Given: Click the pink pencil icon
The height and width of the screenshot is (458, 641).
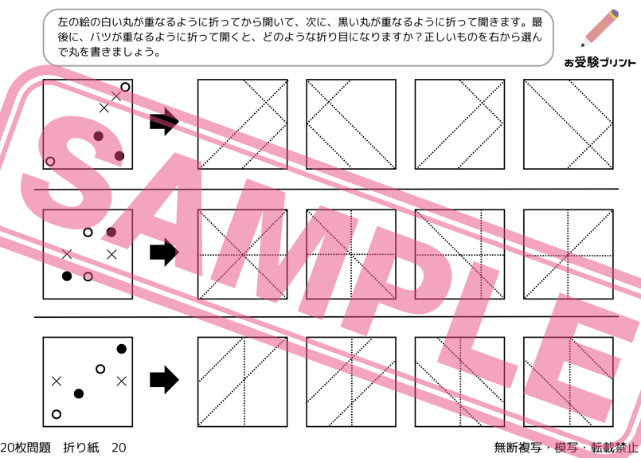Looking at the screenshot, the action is (x=600, y=28).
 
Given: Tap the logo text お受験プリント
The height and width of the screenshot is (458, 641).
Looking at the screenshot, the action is (x=600, y=63).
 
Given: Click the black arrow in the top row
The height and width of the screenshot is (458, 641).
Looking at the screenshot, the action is (x=164, y=121).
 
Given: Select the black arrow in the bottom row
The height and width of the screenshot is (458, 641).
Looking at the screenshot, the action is (x=164, y=379).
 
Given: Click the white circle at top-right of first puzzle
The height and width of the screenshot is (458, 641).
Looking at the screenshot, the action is (x=125, y=87).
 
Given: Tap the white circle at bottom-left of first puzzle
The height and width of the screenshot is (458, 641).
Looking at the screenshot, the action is (x=50, y=161).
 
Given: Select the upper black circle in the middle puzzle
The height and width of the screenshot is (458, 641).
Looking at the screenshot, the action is (x=111, y=233).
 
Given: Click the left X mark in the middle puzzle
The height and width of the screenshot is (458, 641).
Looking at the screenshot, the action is (x=67, y=254).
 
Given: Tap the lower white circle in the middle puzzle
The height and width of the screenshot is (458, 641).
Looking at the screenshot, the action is (x=88, y=276).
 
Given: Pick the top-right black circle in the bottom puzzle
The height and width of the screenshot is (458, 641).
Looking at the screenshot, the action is (x=121, y=349).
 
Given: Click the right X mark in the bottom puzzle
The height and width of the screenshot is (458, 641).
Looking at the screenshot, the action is (x=121, y=382).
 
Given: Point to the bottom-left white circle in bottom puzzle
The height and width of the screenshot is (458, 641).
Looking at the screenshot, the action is (x=57, y=414).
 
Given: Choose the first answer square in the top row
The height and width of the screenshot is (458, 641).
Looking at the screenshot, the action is (x=242, y=124).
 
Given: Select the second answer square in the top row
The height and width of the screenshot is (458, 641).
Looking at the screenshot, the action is (x=351, y=124).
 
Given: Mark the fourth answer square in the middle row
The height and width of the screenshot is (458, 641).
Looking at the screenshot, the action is (x=569, y=254).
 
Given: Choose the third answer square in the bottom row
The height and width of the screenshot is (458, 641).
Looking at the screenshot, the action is (x=460, y=382).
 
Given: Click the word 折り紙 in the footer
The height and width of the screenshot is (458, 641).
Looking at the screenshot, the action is (x=81, y=448).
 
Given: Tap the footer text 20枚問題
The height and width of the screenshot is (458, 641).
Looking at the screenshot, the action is (x=25, y=448).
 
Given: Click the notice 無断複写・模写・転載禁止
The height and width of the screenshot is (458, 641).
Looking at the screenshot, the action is (x=566, y=448).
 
